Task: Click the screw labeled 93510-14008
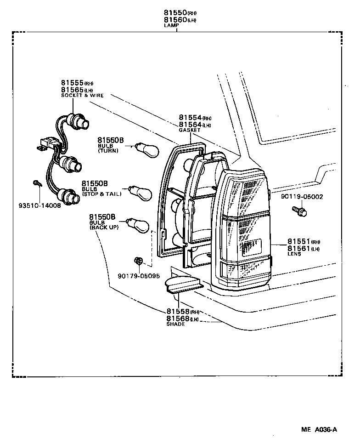(37, 184)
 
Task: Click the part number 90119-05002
(302, 197)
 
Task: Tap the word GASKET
(190, 131)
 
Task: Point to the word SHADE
(175, 324)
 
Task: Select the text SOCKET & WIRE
(82, 96)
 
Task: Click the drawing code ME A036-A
(319, 430)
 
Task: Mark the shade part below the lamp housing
(181, 284)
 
